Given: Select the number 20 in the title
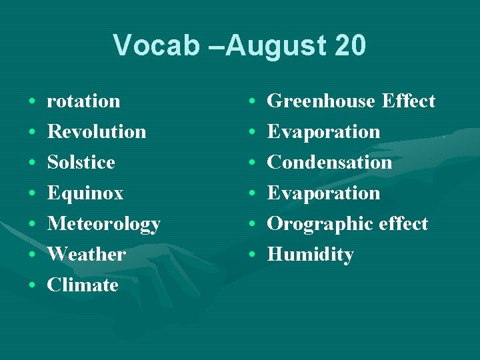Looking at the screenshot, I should [347, 46].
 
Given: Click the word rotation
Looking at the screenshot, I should [83, 101].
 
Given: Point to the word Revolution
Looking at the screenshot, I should [97, 132].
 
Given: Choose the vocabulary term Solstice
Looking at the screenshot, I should [81, 163].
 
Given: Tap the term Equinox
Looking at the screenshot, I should [85, 193].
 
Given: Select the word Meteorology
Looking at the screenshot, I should [103, 224].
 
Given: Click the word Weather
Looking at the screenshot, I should [86, 255].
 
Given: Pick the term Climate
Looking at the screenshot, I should [83, 285].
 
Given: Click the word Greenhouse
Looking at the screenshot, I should [321, 101].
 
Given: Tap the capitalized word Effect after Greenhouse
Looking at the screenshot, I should [409, 101].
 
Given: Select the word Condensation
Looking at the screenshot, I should [329, 163].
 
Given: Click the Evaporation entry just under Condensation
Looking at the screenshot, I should [323, 193].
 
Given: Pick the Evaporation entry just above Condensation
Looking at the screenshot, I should [323, 132].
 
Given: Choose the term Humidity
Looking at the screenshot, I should [310, 255].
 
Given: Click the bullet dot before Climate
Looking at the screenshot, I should [32, 286].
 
